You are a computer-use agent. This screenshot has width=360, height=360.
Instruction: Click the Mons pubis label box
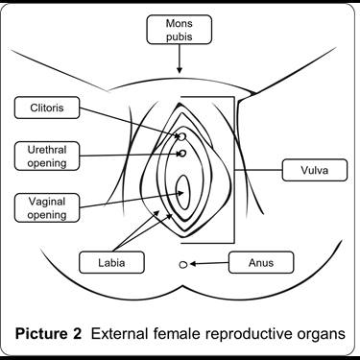180,29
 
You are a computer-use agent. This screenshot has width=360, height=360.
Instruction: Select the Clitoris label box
42,108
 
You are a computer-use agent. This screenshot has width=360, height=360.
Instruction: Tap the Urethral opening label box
42,155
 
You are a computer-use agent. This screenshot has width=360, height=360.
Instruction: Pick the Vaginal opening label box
42,207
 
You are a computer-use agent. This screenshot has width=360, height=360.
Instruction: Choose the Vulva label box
310,171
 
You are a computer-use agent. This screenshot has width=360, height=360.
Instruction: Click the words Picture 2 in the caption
47,333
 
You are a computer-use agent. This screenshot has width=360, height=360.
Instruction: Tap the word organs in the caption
319,333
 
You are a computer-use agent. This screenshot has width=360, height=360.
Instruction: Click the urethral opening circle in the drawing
180,152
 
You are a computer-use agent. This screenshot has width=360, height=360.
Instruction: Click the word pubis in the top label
180,36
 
